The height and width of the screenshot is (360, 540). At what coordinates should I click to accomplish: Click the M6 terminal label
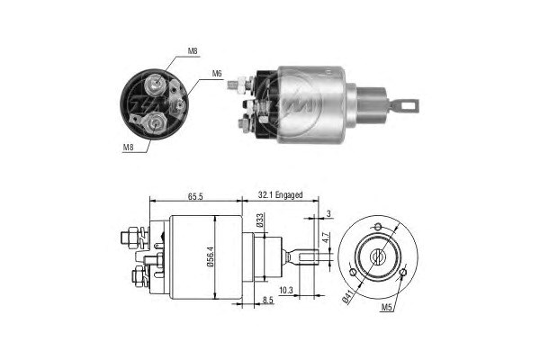[217, 73]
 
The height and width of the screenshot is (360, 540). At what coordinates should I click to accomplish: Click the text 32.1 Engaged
[280, 193]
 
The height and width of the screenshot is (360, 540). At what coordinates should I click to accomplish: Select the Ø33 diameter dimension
[261, 220]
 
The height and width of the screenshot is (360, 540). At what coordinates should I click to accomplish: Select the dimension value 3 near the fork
[328, 212]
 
